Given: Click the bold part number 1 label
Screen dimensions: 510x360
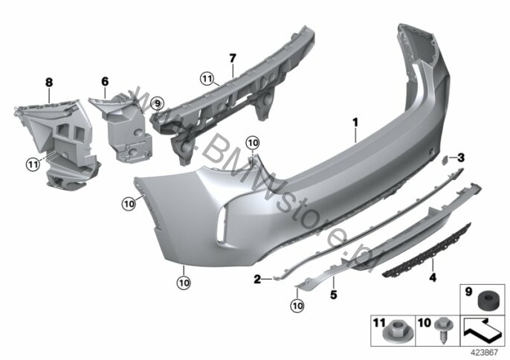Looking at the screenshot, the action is [x=355, y=123].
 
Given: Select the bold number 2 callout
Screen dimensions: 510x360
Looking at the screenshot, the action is [x=257, y=279].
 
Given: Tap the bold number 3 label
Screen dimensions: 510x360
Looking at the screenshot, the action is [x=461, y=158].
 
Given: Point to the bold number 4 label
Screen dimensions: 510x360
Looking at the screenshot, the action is [x=433, y=277].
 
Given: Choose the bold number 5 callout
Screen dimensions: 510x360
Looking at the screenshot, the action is [x=334, y=295].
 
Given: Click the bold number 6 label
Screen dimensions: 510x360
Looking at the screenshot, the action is [x=105, y=81].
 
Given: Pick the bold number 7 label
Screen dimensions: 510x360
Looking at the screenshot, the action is [x=232, y=59].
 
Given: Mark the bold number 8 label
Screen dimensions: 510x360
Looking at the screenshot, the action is [x=49, y=83].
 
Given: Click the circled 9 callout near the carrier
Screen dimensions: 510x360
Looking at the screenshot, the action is [x=158, y=104].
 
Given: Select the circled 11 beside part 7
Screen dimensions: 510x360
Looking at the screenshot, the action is [x=207, y=78].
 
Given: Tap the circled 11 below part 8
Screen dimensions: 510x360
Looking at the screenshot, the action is [x=33, y=164].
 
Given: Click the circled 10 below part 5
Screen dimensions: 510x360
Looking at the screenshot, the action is [x=297, y=306].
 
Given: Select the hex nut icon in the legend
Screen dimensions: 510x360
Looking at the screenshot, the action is [x=393, y=331].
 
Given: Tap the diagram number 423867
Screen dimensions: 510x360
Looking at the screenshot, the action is [x=485, y=352].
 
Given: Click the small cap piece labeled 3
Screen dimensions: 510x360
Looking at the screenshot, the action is [x=444, y=160].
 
